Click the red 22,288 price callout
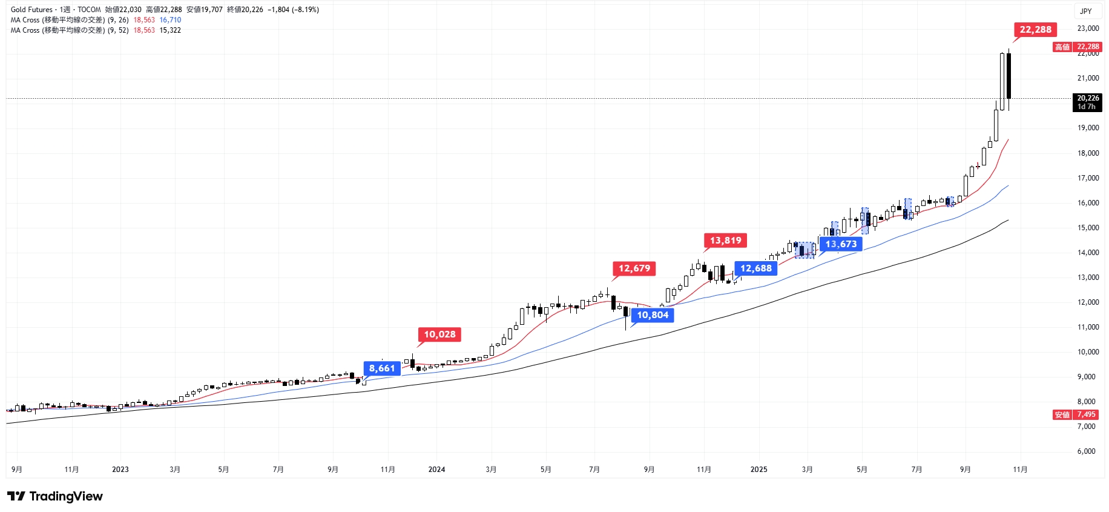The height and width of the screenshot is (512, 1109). (1035, 30)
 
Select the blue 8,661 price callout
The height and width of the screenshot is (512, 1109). (382, 368)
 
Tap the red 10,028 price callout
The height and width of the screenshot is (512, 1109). (439, 334)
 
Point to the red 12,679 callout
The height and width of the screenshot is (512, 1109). (634, 268)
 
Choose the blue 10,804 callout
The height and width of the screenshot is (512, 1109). (653, 315)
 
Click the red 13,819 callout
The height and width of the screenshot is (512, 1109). (725, 241)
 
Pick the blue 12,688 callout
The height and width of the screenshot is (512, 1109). (755, 268)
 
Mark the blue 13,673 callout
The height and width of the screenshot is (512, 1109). (841, 244)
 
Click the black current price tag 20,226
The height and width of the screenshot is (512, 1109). (1087, 102)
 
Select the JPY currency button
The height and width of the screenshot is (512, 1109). (1086, 11)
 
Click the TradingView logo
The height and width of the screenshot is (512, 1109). (55, 496)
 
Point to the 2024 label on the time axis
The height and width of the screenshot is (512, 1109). (436, 470)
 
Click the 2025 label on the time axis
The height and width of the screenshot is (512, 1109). (759, 470)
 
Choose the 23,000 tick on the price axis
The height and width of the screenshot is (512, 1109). (1088, 28)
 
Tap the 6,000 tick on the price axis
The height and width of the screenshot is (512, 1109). (1087, 451)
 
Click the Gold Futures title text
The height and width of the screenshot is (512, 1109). (31, 10)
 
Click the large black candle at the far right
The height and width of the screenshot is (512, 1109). (1009, 76)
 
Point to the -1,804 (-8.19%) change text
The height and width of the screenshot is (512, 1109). (293, 10)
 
